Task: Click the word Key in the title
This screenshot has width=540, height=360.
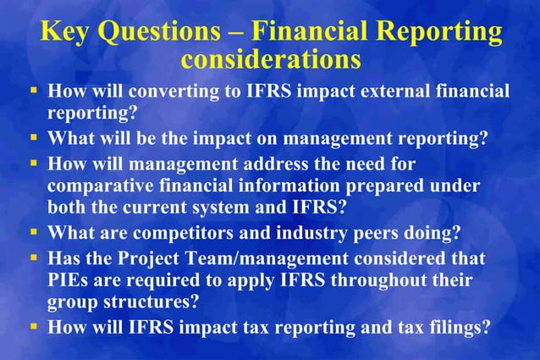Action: tap(65, 31)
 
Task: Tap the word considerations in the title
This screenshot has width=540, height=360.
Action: tap(271, 59)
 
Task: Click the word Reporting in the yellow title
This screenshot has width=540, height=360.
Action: tap(439, 31)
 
